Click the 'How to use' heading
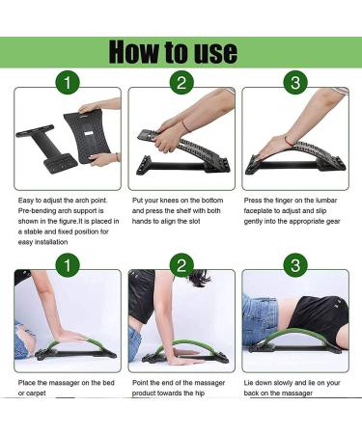pos(173,52)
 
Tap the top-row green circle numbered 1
pos(68,83)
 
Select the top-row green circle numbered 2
pos(181,83)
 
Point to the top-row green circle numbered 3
pos(295,83)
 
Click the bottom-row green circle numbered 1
pos(68,265)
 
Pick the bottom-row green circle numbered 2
pos(181,265)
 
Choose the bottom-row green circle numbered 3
pos(295,265)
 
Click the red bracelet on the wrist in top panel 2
pos(185,125)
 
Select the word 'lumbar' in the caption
pos(326,201)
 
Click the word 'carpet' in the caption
pos(36,393)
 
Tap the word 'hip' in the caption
pos(199,393)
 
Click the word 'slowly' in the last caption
pos(281,383)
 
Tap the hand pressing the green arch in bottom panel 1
pos(71,337)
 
